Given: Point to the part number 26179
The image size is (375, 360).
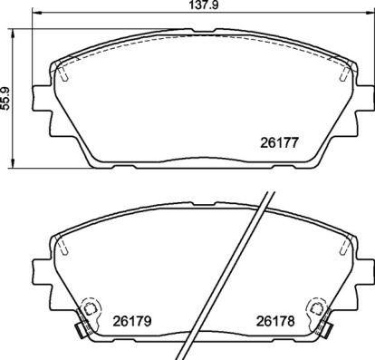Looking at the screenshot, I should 130,320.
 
